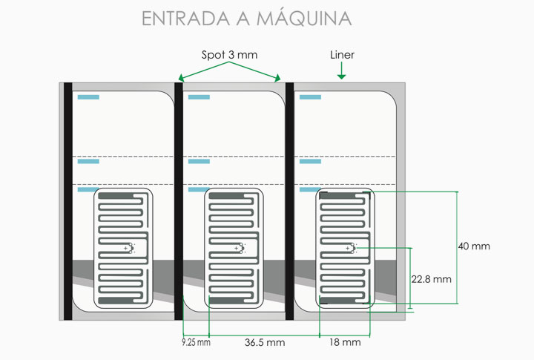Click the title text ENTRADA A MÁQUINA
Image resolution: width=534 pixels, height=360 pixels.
246,18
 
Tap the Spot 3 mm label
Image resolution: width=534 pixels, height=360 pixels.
229,54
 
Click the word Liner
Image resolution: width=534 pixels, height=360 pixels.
342,54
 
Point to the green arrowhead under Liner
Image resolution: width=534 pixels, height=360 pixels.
341,76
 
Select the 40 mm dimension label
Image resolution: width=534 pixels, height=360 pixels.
474,246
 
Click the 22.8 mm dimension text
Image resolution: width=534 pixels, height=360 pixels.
431,279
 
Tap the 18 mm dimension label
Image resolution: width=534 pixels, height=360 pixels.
345,342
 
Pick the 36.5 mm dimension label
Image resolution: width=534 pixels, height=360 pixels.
265,342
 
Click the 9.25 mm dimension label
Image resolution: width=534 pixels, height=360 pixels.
196,342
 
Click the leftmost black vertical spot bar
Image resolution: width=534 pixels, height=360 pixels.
68,201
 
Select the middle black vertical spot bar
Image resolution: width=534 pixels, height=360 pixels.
179,201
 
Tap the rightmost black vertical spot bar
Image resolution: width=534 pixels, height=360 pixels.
289,201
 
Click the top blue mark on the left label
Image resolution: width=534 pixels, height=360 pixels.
88,97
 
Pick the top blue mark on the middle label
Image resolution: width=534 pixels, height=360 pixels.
199,97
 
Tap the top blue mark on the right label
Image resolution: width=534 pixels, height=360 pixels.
310,97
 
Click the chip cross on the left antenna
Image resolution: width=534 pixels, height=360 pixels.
125,248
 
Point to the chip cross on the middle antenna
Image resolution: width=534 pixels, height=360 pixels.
237,248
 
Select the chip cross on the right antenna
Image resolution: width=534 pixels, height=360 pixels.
347,248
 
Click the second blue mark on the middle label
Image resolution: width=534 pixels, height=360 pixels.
199,161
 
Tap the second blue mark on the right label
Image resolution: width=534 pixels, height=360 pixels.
310,161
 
